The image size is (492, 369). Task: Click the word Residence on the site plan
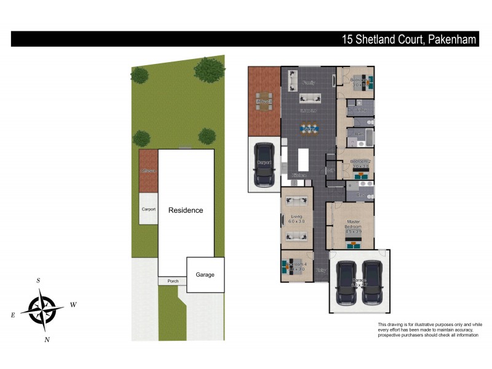pyautogui.click(x=186, y=210)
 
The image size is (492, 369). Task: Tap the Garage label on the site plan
pyautogui.click(x=205, y=274)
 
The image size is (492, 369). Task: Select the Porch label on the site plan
pyautogui.click(x=172, y=282)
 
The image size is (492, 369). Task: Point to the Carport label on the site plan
pyautogui.click(x=148, y=209)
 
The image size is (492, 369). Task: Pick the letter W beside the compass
pyautogui.click(x=73, y=304)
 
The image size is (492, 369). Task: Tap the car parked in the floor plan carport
pyautogui.click(x=264, y=165)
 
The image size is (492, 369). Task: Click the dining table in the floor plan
pyautogui.click(x=309, y=129)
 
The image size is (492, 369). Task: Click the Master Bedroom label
pyautogui.click(x=353, y=224)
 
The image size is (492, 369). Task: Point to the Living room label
pyautogui.click(x=297, y=219)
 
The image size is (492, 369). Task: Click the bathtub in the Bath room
pyautogui.click(x=367, y=136)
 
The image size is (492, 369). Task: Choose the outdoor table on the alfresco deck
pyautogui.click(x=264, y=102)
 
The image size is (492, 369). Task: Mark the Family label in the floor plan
pyautogui.click(x=309, y=83)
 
